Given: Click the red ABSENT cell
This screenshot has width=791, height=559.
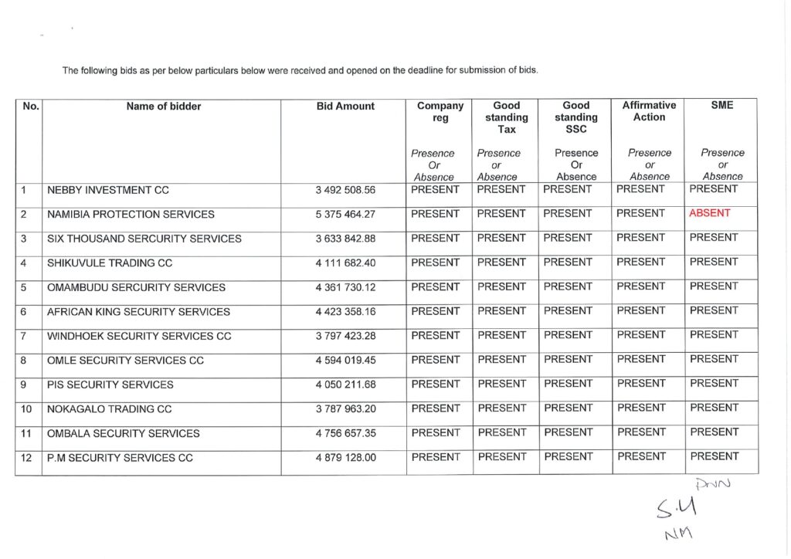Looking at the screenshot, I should [x=709, y=213].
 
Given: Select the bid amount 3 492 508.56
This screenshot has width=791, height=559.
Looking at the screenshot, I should [x=345, y=190].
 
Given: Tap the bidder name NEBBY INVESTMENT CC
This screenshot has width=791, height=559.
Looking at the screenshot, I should [x=108, y=190].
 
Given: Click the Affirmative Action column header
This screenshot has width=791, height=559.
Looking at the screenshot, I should [x=649, y=111].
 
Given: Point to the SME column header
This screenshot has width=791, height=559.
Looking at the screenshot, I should [x=721, y=106].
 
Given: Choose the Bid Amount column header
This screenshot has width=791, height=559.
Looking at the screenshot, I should [x=345, y=107].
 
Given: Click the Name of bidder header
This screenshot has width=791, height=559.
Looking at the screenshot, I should [x=163, y=107].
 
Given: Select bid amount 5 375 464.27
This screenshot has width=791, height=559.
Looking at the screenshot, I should [x=345, y=215].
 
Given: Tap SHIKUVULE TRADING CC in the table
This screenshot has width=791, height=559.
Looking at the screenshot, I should [x=110, y=263].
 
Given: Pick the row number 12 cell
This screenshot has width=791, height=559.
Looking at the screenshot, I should [x=27, y=458].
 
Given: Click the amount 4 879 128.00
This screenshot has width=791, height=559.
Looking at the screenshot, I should [x=345, y=458].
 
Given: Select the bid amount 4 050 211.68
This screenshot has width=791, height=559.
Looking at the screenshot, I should [x=345, y=385].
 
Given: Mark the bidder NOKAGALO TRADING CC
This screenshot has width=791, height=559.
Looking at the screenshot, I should [x=110, y=409].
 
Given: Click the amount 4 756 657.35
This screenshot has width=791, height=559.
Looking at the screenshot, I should [x=345, y=434].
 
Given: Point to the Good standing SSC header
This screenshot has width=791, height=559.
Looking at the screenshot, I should [x=576, y=117].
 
